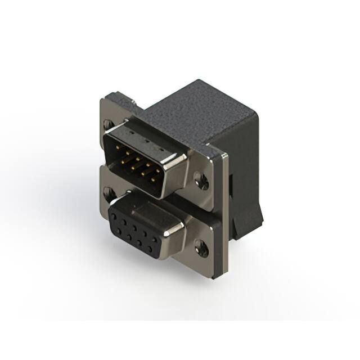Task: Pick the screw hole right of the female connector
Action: (201, 247)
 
